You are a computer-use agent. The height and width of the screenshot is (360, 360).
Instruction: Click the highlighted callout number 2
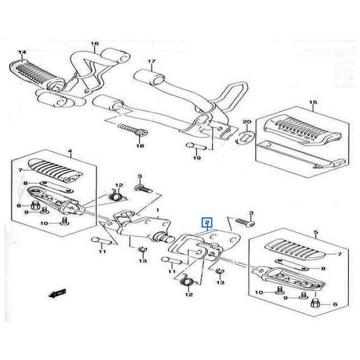point(207,221)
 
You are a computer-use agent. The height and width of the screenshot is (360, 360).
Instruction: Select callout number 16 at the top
point(95,44)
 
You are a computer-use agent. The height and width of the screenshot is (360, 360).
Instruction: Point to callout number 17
point(152,62)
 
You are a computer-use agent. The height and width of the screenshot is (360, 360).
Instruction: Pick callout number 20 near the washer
point(246,122)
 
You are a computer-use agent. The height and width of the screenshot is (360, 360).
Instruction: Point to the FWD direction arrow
point(57,294)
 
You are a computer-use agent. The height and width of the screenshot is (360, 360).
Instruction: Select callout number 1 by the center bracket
point(158,211)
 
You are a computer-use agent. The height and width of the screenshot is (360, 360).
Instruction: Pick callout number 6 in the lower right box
point(334,305)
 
